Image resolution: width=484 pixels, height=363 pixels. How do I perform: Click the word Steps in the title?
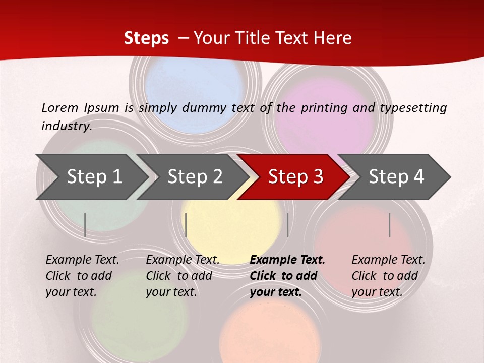pyautogui.click(x=146, y=38)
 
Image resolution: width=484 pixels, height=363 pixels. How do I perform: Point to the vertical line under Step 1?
pyautogui.click(x=85, y=225)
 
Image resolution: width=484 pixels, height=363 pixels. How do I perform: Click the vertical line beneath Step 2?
pyautogui.click(x=186, y=225)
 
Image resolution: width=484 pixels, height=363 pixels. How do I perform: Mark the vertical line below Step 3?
pyautogui.click(x=287, y=225)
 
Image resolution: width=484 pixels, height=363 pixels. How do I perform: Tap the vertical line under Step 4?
pyautogui.click(x=390, y=225)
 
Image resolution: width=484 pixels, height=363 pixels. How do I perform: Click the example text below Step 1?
pyautogui.click(x=82, y=276)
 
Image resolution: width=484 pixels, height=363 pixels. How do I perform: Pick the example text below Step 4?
pyautogui.click(x=388, y=276)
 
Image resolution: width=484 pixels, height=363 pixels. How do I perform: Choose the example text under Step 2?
pyautogui.click(x=182, y=276)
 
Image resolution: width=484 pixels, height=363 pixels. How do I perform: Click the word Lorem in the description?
pyautogui.click(x=60, y=108)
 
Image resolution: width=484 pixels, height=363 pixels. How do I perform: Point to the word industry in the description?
pyautogui.click(x=66, y=126)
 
